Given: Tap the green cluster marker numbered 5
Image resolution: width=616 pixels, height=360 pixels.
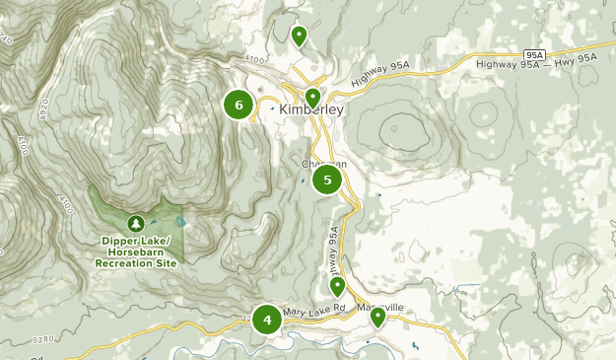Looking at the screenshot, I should (x=327, y=180).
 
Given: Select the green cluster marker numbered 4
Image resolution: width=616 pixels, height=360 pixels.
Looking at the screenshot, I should (x=266, y=320).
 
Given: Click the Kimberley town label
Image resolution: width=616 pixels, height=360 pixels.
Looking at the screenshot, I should (x=311, y=110).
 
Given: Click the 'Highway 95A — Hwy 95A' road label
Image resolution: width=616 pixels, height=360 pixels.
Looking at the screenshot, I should (x=536, y=61).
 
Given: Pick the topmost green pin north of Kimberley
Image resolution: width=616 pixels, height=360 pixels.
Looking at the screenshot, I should (x=300, y=36).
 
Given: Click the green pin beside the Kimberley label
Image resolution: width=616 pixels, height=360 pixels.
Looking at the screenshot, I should (x=312, y=98).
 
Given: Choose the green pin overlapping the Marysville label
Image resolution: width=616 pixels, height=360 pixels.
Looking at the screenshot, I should (x=377, y=317).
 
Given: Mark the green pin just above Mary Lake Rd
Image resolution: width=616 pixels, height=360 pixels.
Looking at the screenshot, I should (x=338, y=287).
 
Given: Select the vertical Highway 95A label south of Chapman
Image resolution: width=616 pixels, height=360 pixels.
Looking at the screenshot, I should (x=334, y=252).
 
